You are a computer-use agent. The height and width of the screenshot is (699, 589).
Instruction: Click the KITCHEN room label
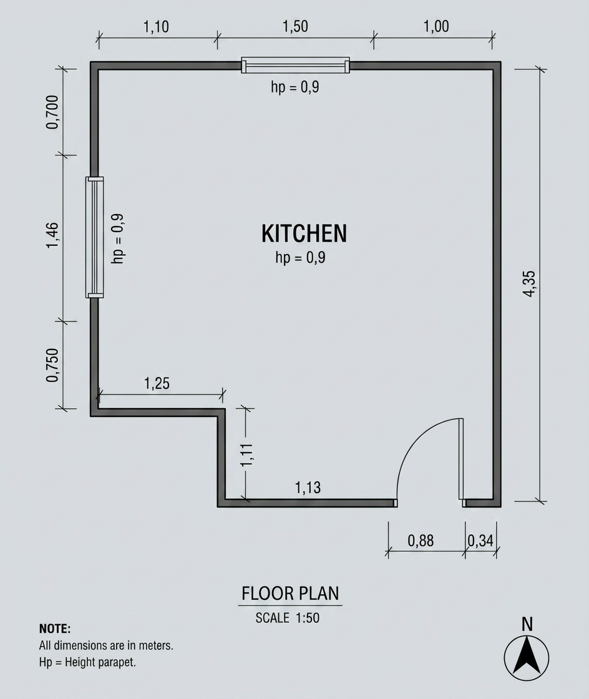[x=304, y=233]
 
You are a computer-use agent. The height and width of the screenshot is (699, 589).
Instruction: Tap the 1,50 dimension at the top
[x=295, y=26]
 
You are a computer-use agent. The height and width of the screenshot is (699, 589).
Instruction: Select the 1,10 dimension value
[x=156, y=27]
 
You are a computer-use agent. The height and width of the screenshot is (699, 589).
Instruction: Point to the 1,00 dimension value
[x=436, y=26]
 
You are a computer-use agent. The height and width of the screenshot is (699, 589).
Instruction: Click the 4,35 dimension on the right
[x=529, y=283]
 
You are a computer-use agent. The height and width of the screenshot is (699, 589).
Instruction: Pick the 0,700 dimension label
[x=52, y=112]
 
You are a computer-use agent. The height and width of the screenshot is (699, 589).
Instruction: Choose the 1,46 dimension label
[x=52, y=235]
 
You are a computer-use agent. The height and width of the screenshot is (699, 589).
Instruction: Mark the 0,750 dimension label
[x=52, y=365]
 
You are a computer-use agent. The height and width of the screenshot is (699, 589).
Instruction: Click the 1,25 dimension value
[x=157, y=383]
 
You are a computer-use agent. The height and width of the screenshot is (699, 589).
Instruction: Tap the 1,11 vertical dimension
[x=246, y=455]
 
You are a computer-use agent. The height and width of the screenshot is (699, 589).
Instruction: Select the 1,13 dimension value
[x=308, y=487]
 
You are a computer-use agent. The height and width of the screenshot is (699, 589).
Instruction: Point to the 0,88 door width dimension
[x=421, y=540]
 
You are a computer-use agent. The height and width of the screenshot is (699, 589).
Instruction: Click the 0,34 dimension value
[x=480, y=540]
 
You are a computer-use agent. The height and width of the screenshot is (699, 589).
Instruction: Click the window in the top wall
[x=295, y=65]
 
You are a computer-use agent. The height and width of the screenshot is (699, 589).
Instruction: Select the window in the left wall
[x=94, y=237]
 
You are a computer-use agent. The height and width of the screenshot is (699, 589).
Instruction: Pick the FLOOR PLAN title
[x=290, y=594]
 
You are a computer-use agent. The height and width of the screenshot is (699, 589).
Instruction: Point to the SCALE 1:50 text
[x=288, y=618]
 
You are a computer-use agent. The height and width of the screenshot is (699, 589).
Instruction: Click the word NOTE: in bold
[x=55, y=628]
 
